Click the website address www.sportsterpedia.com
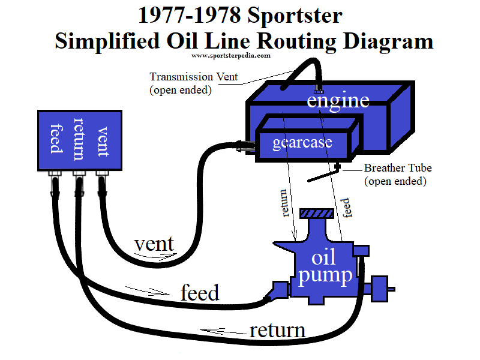(x=231, y=55)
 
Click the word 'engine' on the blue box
(x=338, y=100)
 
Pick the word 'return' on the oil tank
(x=79, y=139)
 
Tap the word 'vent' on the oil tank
(x=103, y=141)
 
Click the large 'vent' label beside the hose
(x=154, y=244)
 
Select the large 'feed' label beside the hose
(x=200, y=293)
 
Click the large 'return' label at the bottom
(x=277, y=330)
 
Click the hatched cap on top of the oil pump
(x=318, y=213)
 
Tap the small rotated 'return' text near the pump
(x=287, y=203)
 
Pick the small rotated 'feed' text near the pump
(x=346, y=208)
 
